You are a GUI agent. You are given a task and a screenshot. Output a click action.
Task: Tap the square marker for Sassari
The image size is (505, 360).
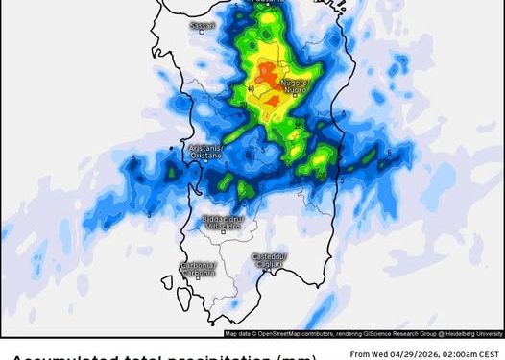[x=202, y=30]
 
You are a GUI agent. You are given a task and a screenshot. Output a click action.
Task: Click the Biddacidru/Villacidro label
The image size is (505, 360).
[x=224, y=222]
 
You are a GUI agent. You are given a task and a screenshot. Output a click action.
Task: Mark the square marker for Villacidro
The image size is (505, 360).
[x=223, y=231]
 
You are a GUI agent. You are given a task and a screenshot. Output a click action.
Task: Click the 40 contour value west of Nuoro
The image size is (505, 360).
[x=251, y=90]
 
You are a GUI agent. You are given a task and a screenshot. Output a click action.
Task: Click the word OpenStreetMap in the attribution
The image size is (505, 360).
[x=271, y=334]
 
